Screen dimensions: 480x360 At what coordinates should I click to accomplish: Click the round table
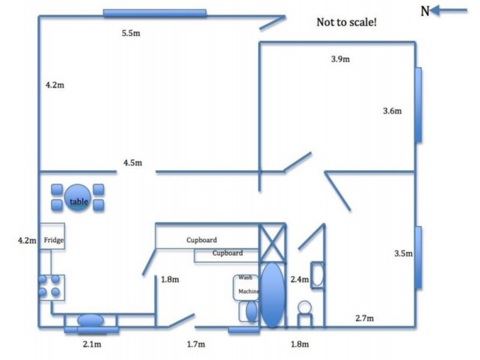[x=78, y=197]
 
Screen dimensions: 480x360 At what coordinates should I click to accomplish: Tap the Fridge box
[x=52, y=236]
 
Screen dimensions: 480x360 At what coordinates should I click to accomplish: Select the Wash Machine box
[x=246, y=287]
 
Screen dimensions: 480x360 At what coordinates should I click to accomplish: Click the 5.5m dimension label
[x=131, y=33]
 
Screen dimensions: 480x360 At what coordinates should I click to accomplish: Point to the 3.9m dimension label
[x=340, y=59]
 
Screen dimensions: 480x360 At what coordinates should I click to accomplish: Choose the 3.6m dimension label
[x=392, y=111]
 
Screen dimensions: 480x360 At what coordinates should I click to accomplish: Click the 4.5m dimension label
[x=133, y=163]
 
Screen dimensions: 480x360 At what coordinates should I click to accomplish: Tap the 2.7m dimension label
[x=364, y=318]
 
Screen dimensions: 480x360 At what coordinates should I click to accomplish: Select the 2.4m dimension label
[x=299, y=279]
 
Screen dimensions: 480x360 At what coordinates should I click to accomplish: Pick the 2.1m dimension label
[x=92, y=344]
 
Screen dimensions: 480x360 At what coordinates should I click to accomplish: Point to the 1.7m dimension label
[x=196, y=344]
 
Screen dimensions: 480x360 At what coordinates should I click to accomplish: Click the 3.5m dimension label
[x=403, y=253]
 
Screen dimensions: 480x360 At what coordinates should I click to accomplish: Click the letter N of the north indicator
[x=425, y=11]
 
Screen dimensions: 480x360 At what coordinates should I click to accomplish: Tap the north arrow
[x=448, y=10]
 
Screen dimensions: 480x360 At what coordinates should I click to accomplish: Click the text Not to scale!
[x=347, y=22]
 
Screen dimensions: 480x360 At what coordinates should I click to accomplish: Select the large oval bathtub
[x=272, y=295]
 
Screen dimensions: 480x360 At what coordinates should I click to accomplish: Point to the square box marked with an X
[x=272, y=243]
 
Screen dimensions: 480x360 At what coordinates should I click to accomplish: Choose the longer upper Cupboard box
[x=207, y=236]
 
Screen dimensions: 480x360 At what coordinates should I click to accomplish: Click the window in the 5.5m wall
[x=155, y=13]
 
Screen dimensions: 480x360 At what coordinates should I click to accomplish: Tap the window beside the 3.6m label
[x=418, y=104]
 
